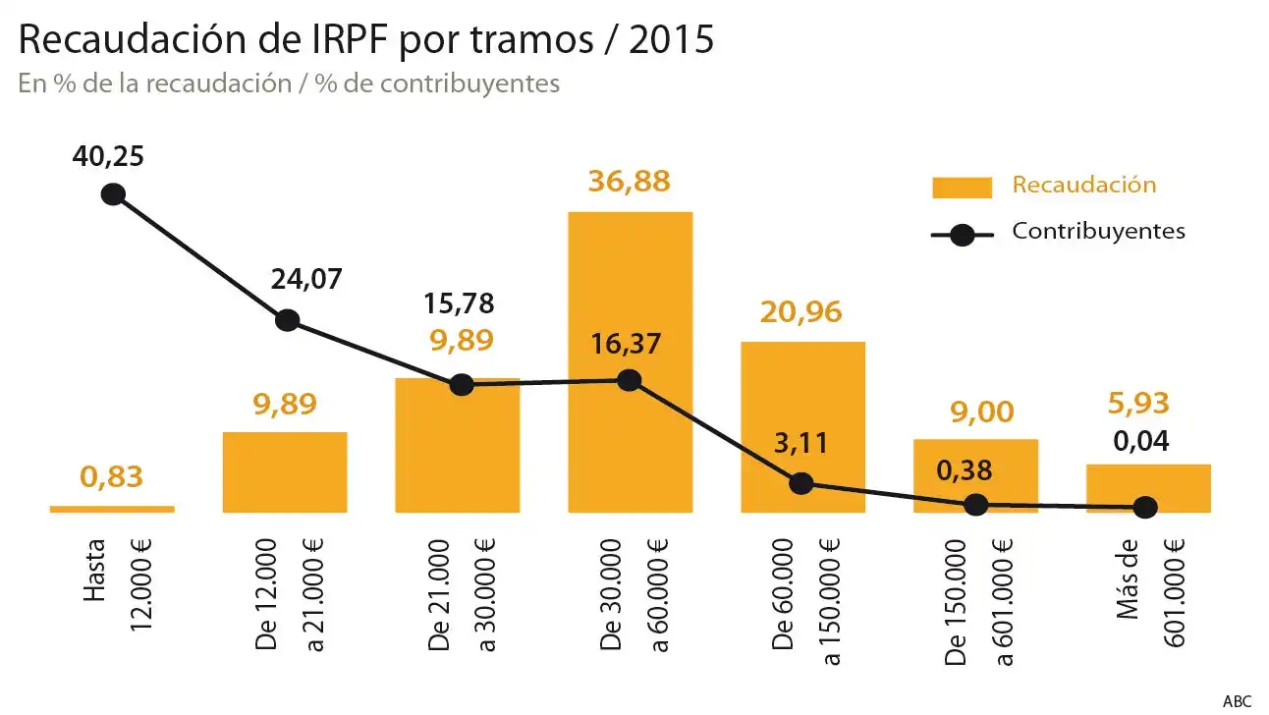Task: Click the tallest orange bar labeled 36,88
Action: pyautogui.click(x=630, y=295)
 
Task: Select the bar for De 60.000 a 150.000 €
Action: pyautogui.click(x=802, y=412)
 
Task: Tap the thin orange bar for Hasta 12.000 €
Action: pyautogui.click(x=112, y=509)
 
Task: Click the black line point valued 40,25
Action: pyautogui.click(x=113, y=193)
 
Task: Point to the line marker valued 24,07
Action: pyautogui.click(x=287, y=320)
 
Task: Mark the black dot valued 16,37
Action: pyautogui.click(x=630, y=380)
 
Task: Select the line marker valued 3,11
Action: pyautogui.click(x=801, y=483)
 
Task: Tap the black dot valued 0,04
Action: pyautogui.click(x=1145, y=508)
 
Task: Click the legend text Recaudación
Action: pyautogui.click(x=1083, y=185)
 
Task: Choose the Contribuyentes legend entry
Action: pyautogui.click(x=1098, y=232)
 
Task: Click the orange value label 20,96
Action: pyautogui.click(x=801, y=312)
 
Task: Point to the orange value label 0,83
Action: pyautogui.click(x=111, y=478)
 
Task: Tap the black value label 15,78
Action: pyautogui.click(x=459, y=302)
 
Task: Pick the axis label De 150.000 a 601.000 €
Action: pyautogui.click(x=976, y=601)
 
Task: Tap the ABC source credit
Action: pyautogui.click(x=1237, y=701)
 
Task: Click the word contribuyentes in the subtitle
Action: pyautogui.click(x=469, y=83)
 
